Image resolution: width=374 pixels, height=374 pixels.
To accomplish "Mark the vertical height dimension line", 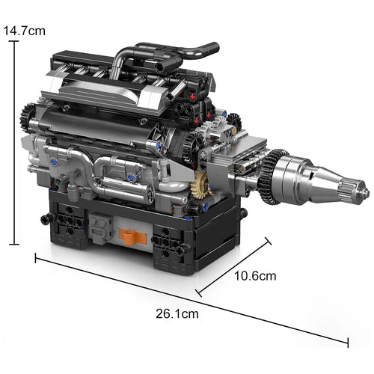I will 14,142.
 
